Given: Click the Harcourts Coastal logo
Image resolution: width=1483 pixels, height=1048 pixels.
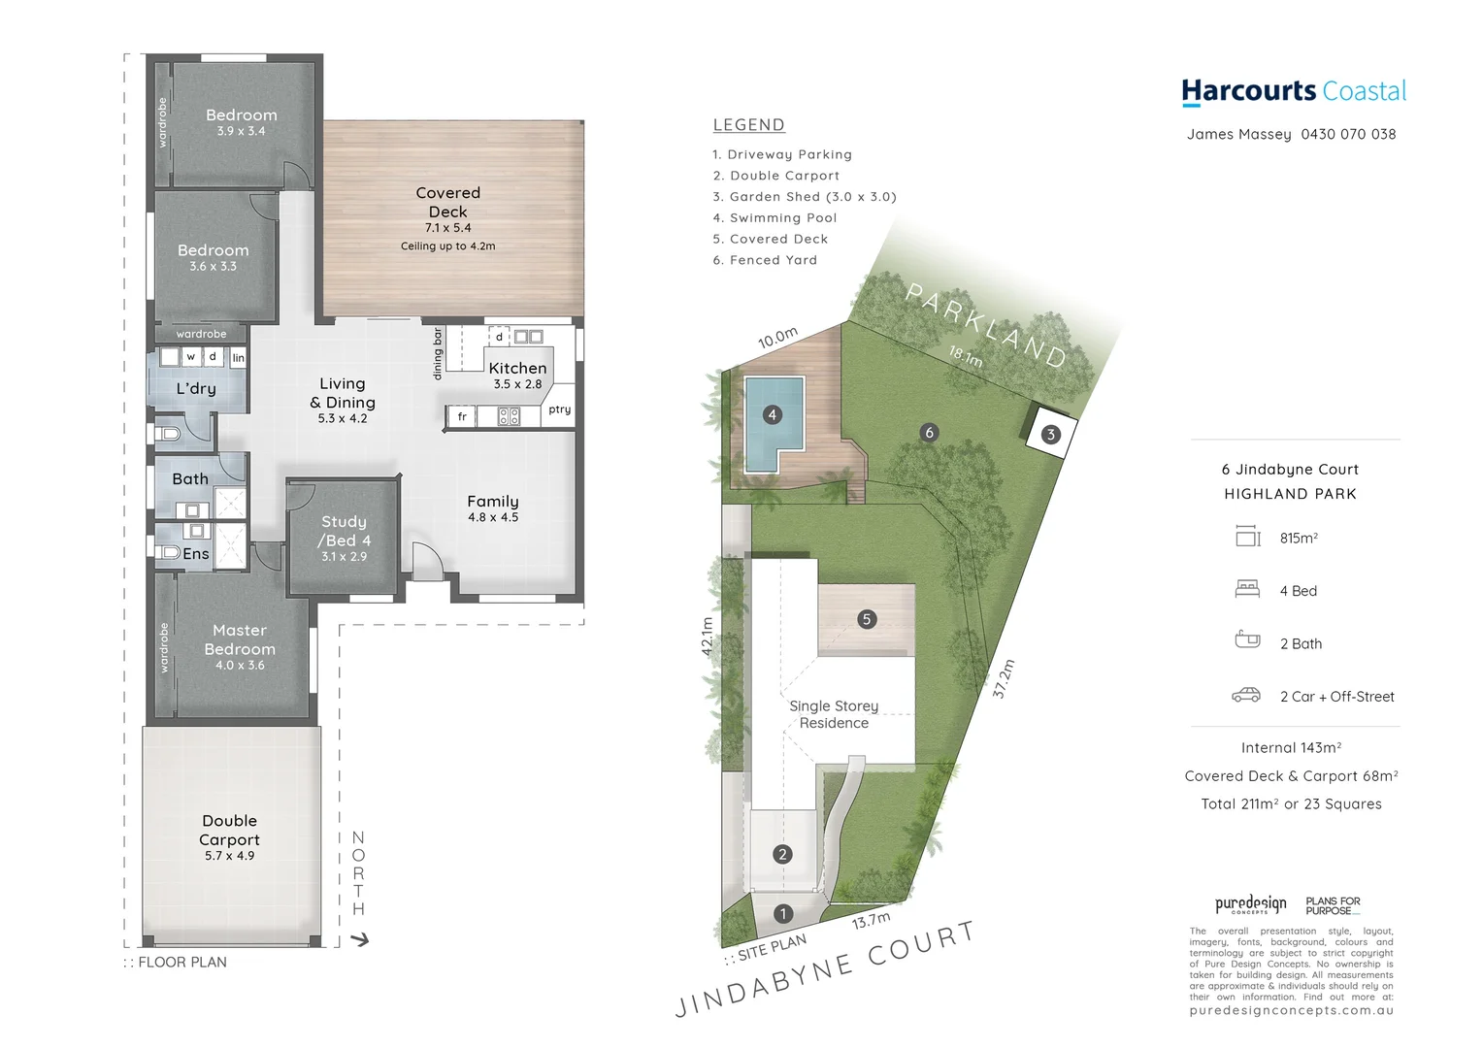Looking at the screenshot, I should (1293, 91).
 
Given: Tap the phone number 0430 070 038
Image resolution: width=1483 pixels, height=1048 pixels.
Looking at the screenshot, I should (1348, 134).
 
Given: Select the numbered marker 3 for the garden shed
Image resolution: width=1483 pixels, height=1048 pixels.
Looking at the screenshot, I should (1050, 435).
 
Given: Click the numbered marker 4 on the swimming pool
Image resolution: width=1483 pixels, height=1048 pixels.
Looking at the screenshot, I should (772, 415).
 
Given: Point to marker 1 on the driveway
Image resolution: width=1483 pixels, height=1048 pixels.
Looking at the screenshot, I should (783, 914).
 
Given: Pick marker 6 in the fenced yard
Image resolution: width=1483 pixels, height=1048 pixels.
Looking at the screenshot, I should (929, 433).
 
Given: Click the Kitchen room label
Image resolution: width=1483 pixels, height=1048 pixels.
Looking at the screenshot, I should (517, 369).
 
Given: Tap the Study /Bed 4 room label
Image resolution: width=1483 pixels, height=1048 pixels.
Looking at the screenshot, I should (345, 531).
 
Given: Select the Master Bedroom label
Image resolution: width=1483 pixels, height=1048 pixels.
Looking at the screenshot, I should (240, 639).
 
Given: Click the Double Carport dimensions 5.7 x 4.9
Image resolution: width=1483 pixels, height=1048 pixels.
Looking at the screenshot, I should (229, 856).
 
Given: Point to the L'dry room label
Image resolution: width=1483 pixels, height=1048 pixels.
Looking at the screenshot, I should (196, 389).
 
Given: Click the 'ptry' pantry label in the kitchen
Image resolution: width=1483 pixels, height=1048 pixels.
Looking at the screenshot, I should (559, 409).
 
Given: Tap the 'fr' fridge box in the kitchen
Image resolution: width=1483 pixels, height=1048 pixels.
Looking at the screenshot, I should (462, 417).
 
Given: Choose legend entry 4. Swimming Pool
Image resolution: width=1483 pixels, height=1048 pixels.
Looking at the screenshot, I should (774, 218).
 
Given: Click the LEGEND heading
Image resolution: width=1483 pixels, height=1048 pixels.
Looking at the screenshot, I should (748, 125).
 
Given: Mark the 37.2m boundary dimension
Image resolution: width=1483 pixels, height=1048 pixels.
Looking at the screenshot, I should (1004, 679).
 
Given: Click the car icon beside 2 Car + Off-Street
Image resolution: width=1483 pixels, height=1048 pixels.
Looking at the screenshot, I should (1246, 696).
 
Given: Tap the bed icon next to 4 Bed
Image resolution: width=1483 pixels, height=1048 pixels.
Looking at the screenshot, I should (1246, 590).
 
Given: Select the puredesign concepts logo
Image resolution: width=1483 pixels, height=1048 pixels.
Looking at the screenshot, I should (1250, 905).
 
